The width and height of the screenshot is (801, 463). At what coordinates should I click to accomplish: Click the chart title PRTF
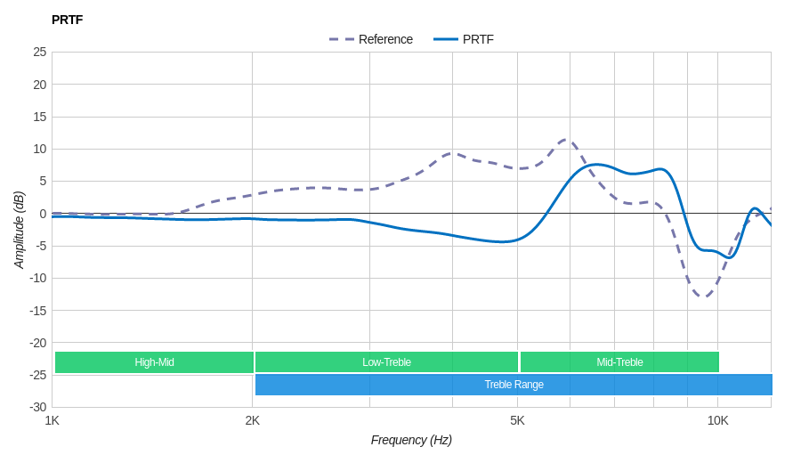[x=67, y=20]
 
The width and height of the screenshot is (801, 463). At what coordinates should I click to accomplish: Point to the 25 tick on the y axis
[x=40, y=52]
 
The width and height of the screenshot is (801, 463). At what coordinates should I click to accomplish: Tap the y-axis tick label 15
[x=40, y=117]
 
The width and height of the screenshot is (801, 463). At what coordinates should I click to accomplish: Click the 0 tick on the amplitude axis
[x=43, y=214]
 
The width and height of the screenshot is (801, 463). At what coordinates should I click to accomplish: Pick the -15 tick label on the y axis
[x=37, y=311]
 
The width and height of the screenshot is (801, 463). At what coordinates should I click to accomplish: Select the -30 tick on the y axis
[x=37, y=407]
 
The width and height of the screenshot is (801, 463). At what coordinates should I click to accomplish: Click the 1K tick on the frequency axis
[x=53, y=420]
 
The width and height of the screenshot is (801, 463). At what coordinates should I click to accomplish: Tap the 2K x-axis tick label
[x=253, y=420]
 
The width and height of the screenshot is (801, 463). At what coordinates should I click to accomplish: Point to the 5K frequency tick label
[x=517, y=420]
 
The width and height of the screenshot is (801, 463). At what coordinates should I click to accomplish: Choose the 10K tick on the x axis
[x=717, y=420]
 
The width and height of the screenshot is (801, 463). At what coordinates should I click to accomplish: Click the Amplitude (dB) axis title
[x=19, y=230]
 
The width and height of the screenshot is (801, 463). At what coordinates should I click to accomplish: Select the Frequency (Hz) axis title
[x=411, y=440]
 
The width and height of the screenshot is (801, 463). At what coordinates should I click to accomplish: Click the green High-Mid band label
[x=154, y=362]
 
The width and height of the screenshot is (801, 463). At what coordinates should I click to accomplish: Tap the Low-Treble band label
[x=386, y=362]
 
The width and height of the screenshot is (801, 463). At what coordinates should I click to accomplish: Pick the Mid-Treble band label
[x=619, y=362]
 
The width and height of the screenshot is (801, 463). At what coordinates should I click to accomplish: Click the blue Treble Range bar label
[x=514, y=385]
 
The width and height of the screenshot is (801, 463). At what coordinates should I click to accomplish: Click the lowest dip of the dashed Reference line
[x=703, y=296]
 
